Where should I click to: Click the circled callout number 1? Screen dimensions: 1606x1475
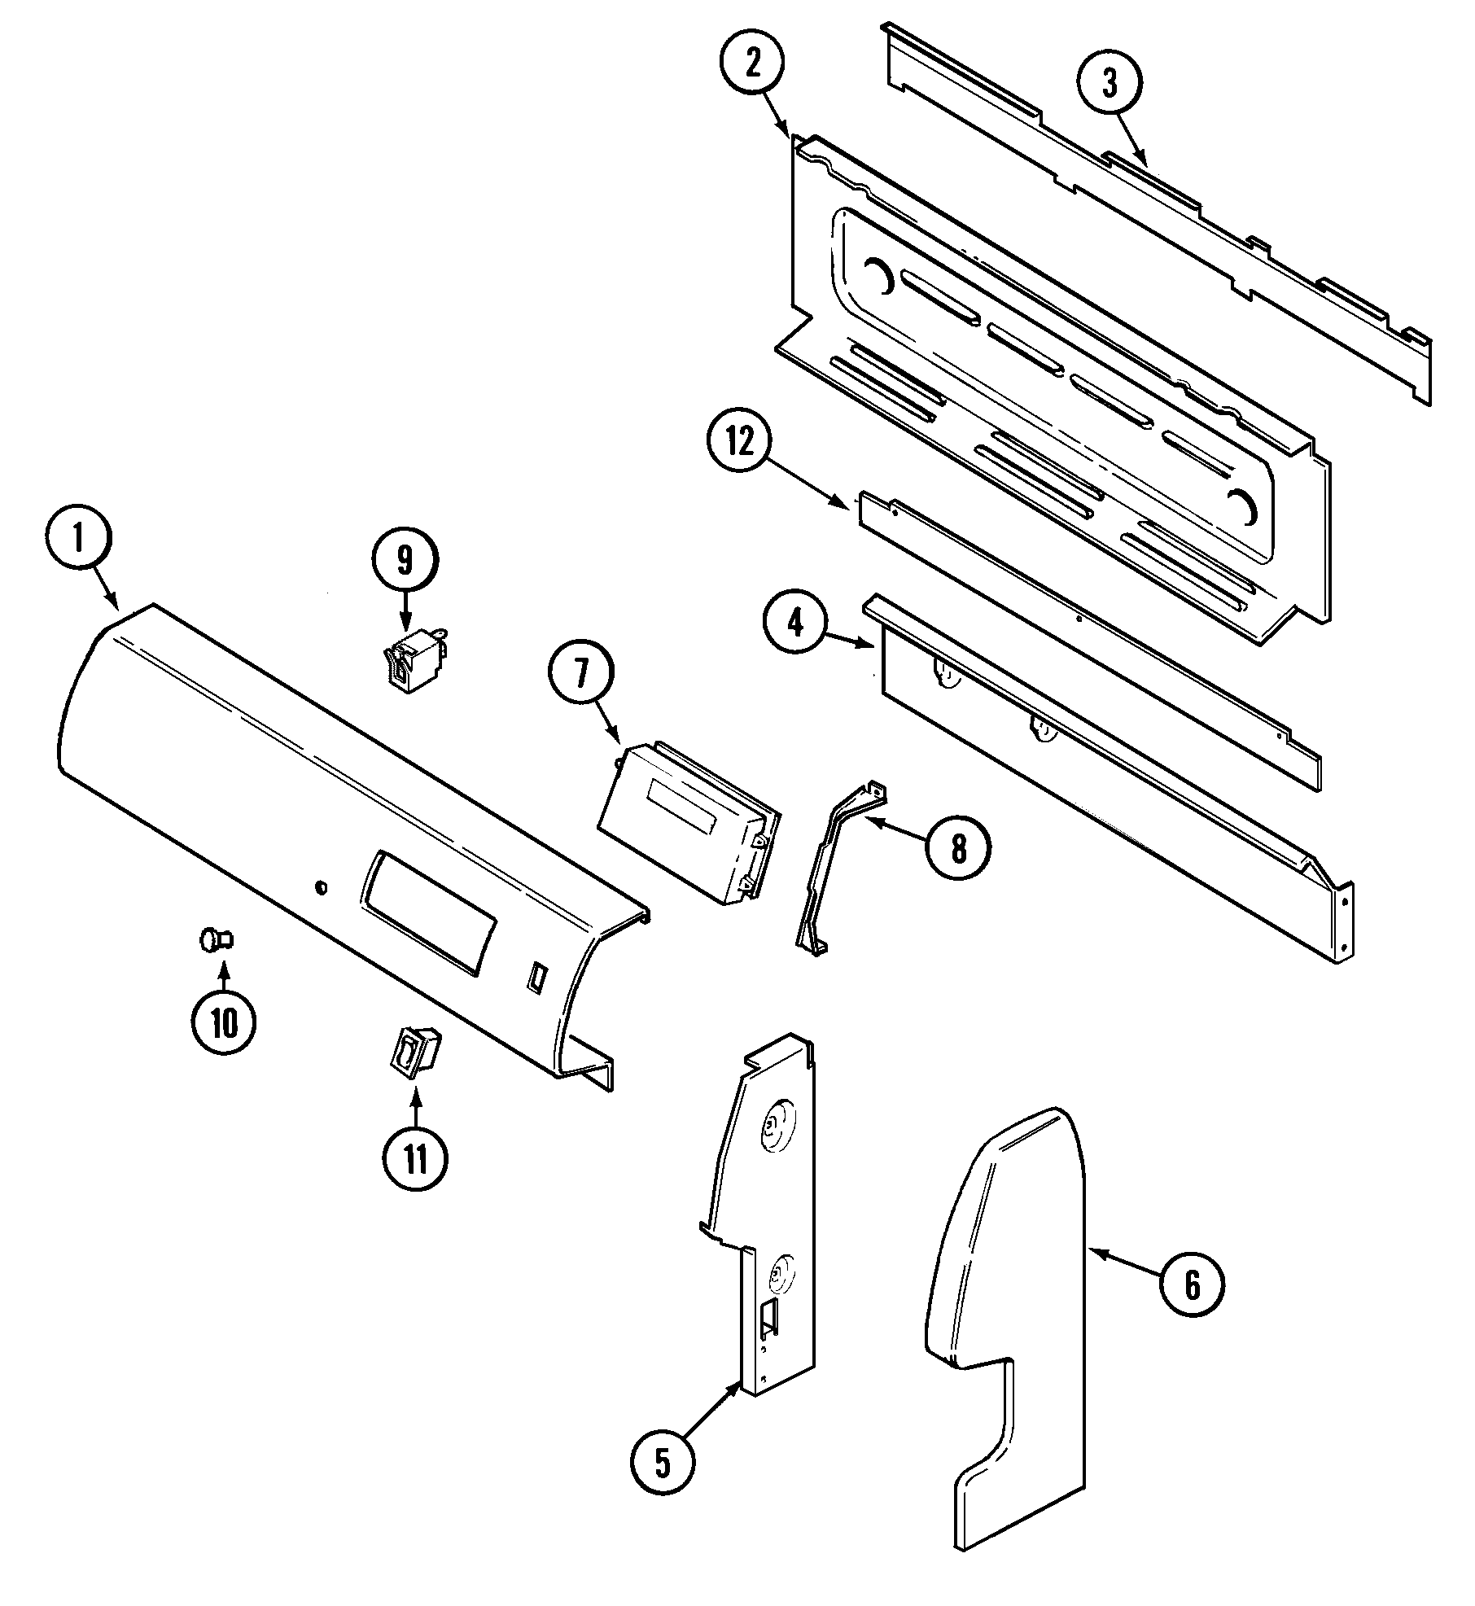point(79,538)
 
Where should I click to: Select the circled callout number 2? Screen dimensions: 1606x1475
point(751,65)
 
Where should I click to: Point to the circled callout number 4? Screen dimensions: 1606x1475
point(795,624)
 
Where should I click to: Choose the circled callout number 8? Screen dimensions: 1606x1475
point(958,849)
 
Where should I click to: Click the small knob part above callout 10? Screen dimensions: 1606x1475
point(217,940)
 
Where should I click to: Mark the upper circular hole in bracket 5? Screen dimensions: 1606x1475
point(770,1127)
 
